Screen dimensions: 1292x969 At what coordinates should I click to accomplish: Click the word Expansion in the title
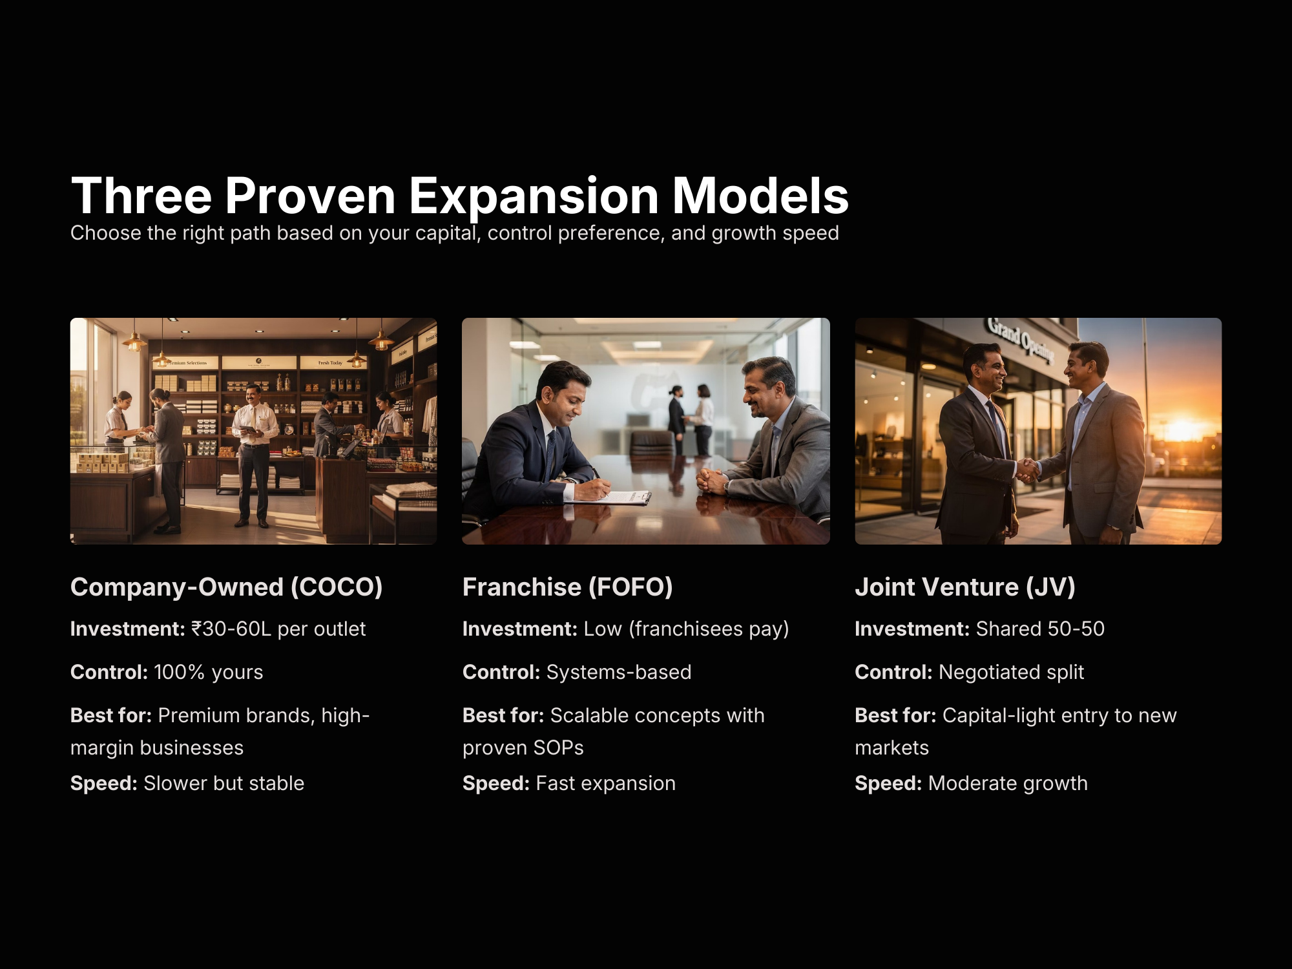[534, 196]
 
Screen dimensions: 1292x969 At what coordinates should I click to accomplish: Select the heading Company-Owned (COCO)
[227, 587]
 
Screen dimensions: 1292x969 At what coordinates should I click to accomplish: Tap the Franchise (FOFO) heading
[568, 587]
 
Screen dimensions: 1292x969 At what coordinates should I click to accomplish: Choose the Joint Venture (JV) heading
[965, 587]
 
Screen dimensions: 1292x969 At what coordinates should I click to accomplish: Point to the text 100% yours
[209, 672]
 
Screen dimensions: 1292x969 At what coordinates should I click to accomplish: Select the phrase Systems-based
[619, 672]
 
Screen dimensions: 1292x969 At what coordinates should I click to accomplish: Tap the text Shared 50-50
[1040, 629]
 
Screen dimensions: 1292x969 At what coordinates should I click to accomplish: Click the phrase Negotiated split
[1011, 672]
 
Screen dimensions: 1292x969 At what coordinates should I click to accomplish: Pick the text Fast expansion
[606, 784]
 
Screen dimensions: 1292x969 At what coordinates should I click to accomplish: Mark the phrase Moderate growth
[1008, 784]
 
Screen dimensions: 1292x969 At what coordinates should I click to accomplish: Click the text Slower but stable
[224, 784]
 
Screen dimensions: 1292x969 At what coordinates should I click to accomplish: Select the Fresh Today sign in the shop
[330, 363]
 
